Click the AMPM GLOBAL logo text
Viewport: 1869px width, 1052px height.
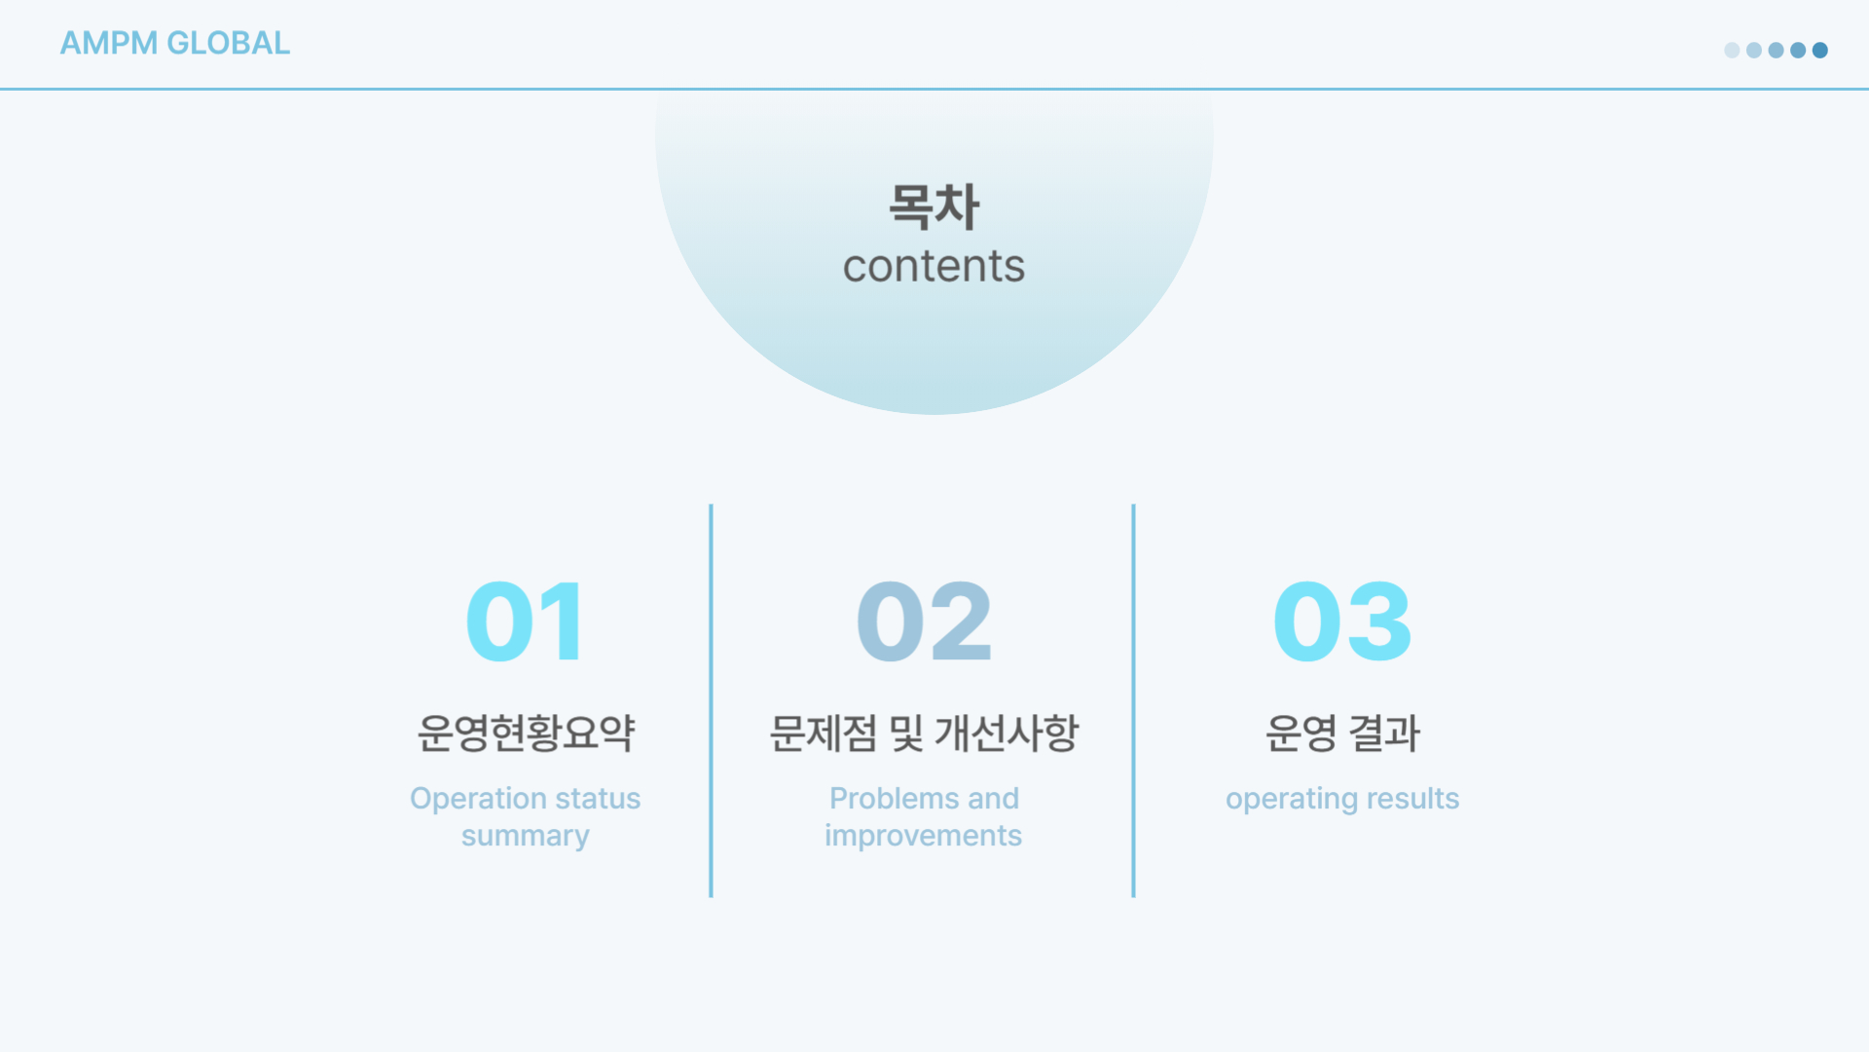tap(175, 43)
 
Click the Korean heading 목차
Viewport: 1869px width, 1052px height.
tap(934, 207)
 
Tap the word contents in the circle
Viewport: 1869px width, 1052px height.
tap(934, 266)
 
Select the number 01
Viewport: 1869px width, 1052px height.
tap(525, 621)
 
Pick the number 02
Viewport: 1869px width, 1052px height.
tap(924, 621)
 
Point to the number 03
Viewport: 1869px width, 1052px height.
tap(1342, 621)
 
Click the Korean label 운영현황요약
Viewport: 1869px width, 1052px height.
tap(526, 733)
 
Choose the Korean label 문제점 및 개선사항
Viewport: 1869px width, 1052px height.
tap(924, 733)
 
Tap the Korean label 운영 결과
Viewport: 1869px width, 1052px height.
tap(1342, 733)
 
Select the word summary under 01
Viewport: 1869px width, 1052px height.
tap(526, 836)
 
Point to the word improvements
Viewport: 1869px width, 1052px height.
tap(924, 836)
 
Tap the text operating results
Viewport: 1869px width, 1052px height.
tap(1342, 799)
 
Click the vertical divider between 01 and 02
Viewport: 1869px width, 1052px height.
tap(712, 700)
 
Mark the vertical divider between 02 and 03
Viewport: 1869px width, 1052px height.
tap(1134, 700)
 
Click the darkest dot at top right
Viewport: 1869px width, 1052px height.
tap(1820, 50)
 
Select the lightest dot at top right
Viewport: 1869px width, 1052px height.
tap(1732, 50)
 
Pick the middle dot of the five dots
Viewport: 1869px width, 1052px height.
tap(1777, 50)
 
